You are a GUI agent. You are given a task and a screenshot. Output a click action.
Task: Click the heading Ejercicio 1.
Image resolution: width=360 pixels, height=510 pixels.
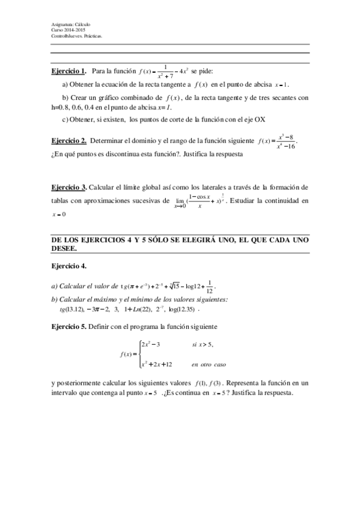[x=69, y=71]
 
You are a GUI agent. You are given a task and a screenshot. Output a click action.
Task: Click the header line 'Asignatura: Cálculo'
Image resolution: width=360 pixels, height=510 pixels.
[x=71, y=24]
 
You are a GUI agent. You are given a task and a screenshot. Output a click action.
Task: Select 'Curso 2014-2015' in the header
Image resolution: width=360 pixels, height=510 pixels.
[x=69, y=29]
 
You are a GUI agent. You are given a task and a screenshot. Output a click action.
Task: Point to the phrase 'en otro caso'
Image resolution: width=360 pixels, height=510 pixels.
[x=209, y=364]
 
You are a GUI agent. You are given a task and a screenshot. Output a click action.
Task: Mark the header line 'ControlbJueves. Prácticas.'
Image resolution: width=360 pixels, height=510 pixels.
[x=76, y=35]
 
